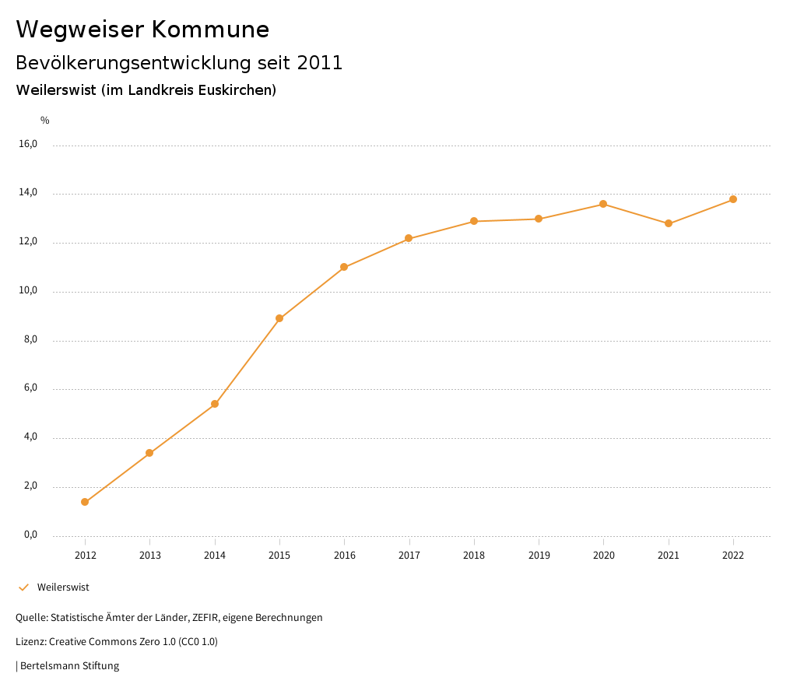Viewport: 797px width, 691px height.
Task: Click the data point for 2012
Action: [85, 502]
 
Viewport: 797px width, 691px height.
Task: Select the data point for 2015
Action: [279, 318]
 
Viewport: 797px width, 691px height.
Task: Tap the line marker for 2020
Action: [603, 204]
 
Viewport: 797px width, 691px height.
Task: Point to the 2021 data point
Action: [669, 223]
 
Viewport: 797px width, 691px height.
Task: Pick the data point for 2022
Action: [733, 199]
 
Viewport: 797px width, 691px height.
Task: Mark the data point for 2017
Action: [409, 238]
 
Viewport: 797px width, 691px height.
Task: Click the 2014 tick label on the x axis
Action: [215, 555]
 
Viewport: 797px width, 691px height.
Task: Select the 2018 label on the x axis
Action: [474, 555]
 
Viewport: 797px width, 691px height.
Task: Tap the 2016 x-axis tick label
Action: [344, 555]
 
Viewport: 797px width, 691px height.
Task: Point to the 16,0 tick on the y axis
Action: [28, 144]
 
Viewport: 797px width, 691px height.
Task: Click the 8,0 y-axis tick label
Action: [30, 340]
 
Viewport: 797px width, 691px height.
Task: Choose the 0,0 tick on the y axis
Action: [30, 535]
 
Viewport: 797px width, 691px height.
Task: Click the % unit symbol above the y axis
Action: [45, 120]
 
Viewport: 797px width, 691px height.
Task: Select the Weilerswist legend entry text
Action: [63, 588]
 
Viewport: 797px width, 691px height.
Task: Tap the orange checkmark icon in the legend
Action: [23, 588]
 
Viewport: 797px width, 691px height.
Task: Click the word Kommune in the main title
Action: [211, 30]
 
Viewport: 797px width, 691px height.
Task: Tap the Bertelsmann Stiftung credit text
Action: [69, 666]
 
